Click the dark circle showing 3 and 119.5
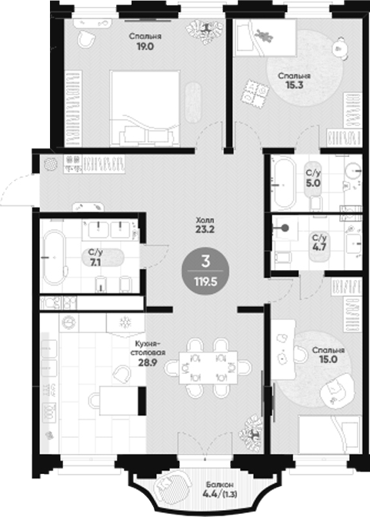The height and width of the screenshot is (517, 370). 205,270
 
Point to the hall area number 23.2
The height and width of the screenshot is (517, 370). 204,229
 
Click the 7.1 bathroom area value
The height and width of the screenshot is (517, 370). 95,262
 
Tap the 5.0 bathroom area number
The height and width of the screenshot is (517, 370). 313,185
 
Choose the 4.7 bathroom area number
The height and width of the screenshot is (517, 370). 318,248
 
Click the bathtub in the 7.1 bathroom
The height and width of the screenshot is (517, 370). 54,257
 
